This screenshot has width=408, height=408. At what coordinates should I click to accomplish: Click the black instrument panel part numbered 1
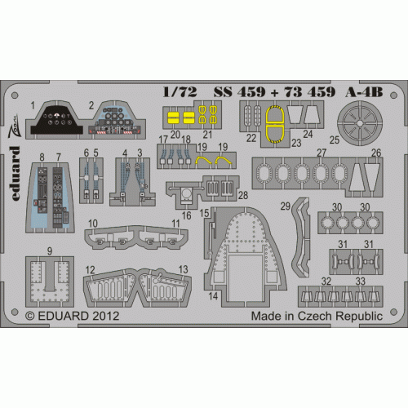(56, 119)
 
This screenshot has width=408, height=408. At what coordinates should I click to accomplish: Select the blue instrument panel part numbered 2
(114, 119)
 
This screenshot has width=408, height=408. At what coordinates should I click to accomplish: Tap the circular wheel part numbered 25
(360, 123)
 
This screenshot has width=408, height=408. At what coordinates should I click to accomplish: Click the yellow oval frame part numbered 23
(275, 124)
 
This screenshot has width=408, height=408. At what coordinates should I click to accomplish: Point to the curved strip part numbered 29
(299, 237)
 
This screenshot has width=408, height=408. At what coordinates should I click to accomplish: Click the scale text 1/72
(180, 92)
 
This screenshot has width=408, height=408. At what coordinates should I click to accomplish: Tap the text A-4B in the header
(364, 92)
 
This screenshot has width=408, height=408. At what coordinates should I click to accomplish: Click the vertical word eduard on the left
(16, 173)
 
